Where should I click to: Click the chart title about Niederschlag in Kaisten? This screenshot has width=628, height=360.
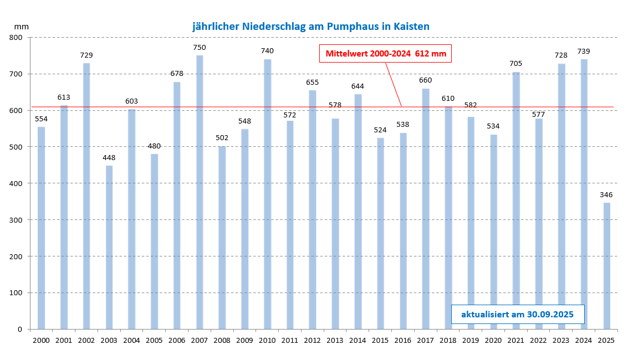click(x=311, y=26)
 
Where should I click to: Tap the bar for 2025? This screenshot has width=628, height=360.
click(x=607, y=266)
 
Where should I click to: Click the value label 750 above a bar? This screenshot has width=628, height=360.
click(x=200, y=48)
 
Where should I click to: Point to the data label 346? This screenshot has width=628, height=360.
click(x=607, y=195)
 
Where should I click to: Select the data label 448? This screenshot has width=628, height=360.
click(x=109, y=158)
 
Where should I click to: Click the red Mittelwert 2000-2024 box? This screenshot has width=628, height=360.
click(x=386, y=54)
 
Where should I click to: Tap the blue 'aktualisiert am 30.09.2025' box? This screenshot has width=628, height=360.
click(x=518, y=314)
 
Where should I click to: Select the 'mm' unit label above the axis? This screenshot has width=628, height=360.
click(x=22, y=26)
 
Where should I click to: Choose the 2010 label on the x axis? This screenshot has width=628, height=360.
click(x=267, y=340)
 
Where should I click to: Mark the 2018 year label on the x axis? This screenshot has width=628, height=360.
click(x=448, y=340)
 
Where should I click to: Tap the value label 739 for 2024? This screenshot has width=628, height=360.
click(x=584, y=52)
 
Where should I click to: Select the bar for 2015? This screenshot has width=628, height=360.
click(x=380, y=233)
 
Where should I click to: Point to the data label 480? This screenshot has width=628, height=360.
click(x=154, y=146)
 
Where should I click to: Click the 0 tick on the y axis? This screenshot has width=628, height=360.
click(x=19, y=330)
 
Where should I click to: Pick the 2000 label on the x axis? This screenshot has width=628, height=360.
click(x=41, y=340)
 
